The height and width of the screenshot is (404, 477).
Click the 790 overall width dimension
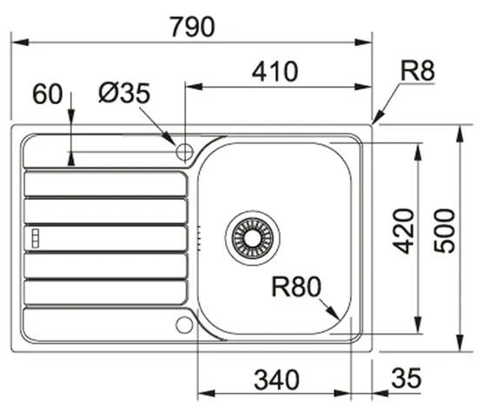click(192, 27)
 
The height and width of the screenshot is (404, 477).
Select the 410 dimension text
click(275, 71)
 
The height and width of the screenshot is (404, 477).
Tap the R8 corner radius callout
click(418, 71)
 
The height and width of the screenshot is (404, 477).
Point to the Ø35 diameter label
click(124, 93)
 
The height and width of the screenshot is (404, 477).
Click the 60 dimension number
click(47, 94)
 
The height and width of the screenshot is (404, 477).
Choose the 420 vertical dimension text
click(403, 231)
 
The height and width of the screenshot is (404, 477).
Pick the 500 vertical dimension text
click(444, 230)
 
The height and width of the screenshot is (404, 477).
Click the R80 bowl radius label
click(296, 287)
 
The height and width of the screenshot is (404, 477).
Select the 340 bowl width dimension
click(276, 380)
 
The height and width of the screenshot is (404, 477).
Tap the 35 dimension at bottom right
click(407, 378)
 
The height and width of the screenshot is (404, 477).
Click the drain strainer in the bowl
click(253, 238)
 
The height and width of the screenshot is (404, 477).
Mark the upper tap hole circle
click(184, 151)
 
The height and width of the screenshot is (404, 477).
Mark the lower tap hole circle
click(184, 325)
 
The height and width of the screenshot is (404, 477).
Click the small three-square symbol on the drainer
click(36, 238)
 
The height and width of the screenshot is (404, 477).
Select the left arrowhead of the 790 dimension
click(20, 43)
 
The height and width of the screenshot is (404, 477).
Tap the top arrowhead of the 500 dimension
click(460, 134)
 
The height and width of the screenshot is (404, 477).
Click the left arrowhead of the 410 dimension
click(194, 87)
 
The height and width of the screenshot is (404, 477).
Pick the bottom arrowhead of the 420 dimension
click(418, 325)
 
